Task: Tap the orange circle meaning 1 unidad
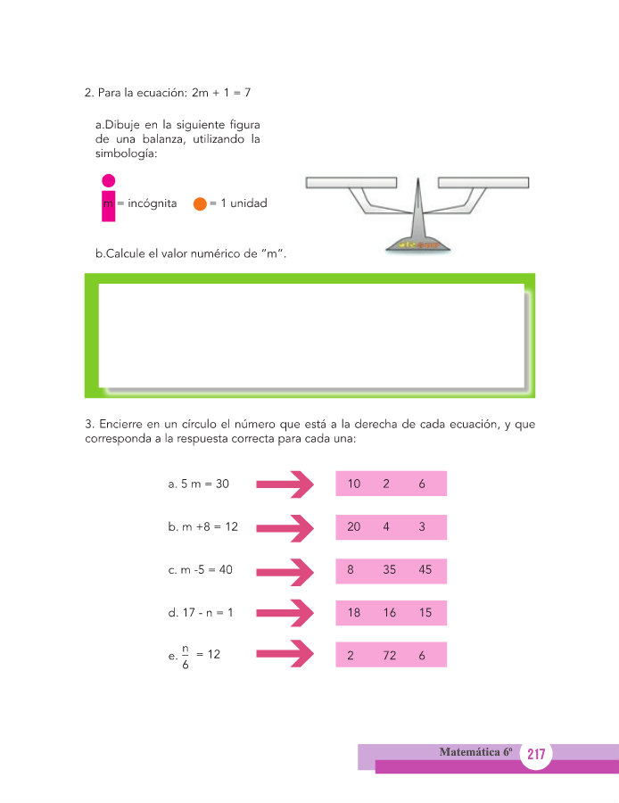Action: pyautogui.click(x=200, y=203)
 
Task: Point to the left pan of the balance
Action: pyautogui.click(x=351, y=184)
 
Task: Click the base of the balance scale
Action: pyautogui.click(x=416, y=242)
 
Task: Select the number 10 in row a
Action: pyautogui.click(x=354, y=484)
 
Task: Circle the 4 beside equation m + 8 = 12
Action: pyautogui.click(x=386, y=526)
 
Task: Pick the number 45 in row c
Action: pyautogui.click(x=424, y=570)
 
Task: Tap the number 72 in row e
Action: pyautogui.click(x=389, y=656)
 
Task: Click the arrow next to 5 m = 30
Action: pyautogui.click(x=285, y=484)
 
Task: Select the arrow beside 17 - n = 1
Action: pyautogui.click(x=285, y=613)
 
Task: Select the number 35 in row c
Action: pyautogui.click(x=389, y=570)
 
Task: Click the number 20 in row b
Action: pyautogui.click(x=354, y=526)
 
